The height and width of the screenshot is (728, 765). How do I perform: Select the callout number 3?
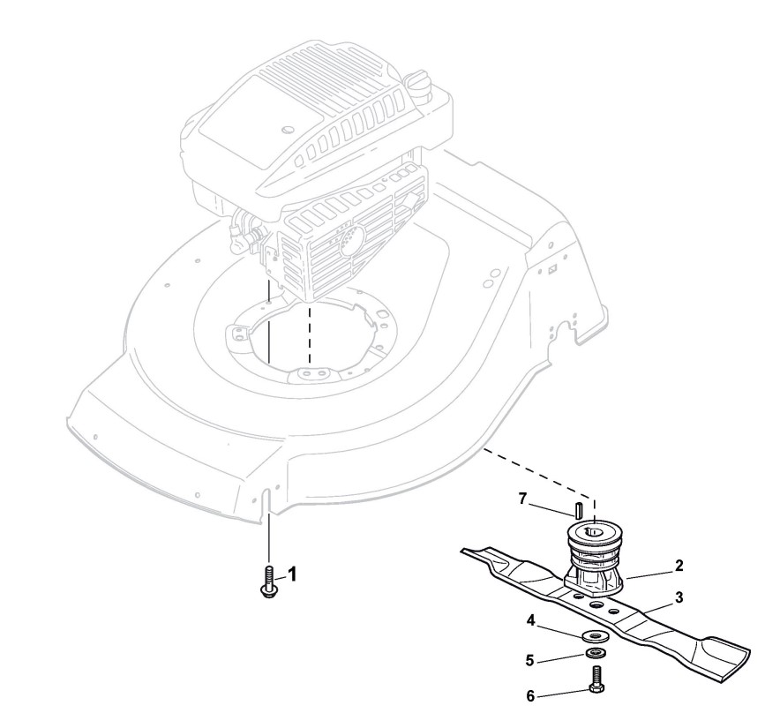click(x=679, y=597)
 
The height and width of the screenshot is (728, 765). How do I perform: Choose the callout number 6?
click(x=530, y=696)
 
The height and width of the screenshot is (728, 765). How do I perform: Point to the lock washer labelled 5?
click(x=595, y=654)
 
